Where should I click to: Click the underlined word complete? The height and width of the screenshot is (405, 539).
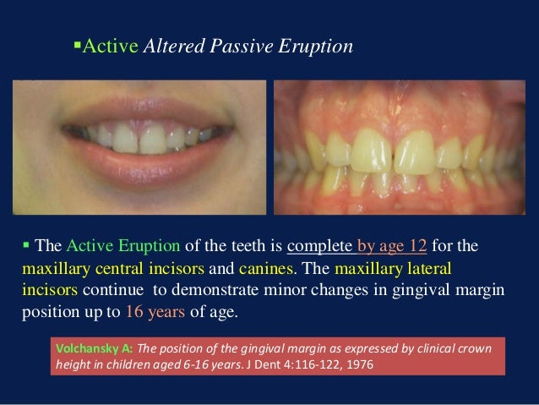(x=321, y=248)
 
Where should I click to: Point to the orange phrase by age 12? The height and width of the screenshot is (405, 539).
(x=396, y=248)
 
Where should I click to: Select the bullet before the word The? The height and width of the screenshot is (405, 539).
(x=26, y=247)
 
